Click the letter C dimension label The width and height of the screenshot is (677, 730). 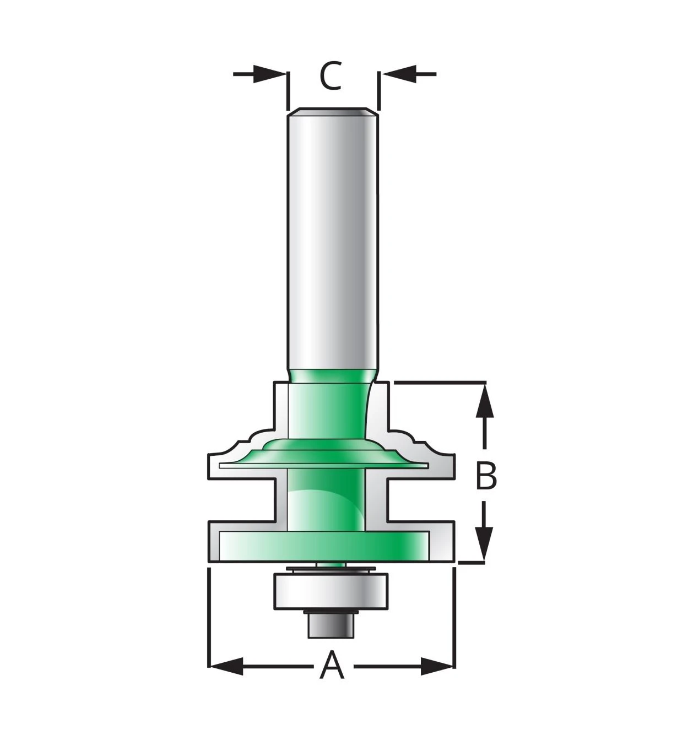coord(331,76)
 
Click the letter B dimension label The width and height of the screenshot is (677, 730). coord(486,476)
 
